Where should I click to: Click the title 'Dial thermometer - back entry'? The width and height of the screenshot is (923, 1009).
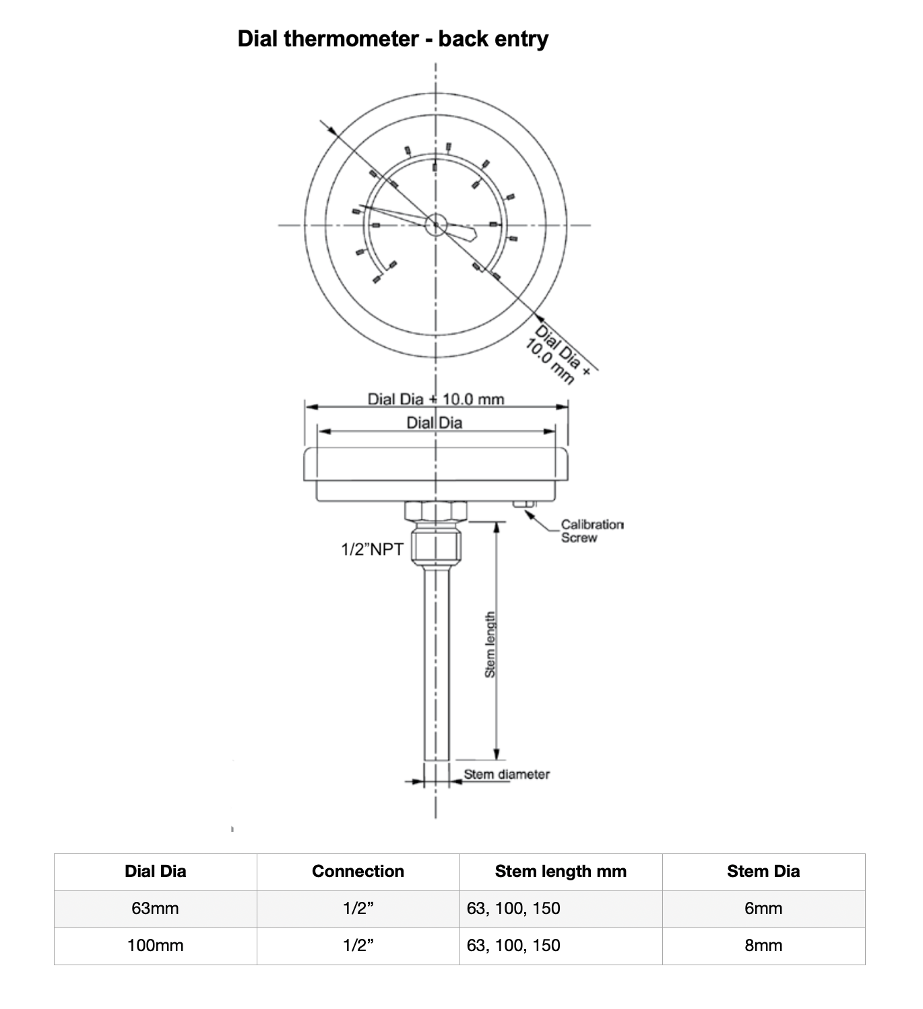coord(393,38)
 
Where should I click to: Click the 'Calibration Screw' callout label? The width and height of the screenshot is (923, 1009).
coord(592,531)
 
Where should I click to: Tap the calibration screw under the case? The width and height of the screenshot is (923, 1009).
coord(523,504)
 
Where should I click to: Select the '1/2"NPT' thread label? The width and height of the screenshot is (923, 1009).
coord(372,550)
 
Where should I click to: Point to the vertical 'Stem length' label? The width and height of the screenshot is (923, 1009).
coord(490,645)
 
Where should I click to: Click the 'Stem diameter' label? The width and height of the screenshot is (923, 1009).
coord(507,775)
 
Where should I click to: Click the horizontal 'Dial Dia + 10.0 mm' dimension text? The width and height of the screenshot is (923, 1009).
coord(435,399)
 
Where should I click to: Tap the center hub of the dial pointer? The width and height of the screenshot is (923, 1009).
coord(435,225)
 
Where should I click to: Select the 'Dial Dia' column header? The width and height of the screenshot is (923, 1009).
coord(155,872)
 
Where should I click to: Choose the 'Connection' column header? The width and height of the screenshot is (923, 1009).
coord(358,872)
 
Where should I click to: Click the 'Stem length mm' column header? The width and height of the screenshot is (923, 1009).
coord(561,872)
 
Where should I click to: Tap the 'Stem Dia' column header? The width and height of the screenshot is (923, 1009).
coord(763,872)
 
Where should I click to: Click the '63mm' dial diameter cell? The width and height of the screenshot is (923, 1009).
coord(155,909)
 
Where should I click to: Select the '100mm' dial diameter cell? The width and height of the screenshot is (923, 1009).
coord(155,946)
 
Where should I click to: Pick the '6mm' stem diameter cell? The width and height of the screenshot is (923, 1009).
coord(763,909)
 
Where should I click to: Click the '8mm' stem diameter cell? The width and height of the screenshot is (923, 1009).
coord(763,946)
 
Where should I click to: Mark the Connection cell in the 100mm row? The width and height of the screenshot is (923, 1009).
coord(358,946)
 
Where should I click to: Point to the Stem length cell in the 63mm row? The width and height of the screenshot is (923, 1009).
coord(513,909)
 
